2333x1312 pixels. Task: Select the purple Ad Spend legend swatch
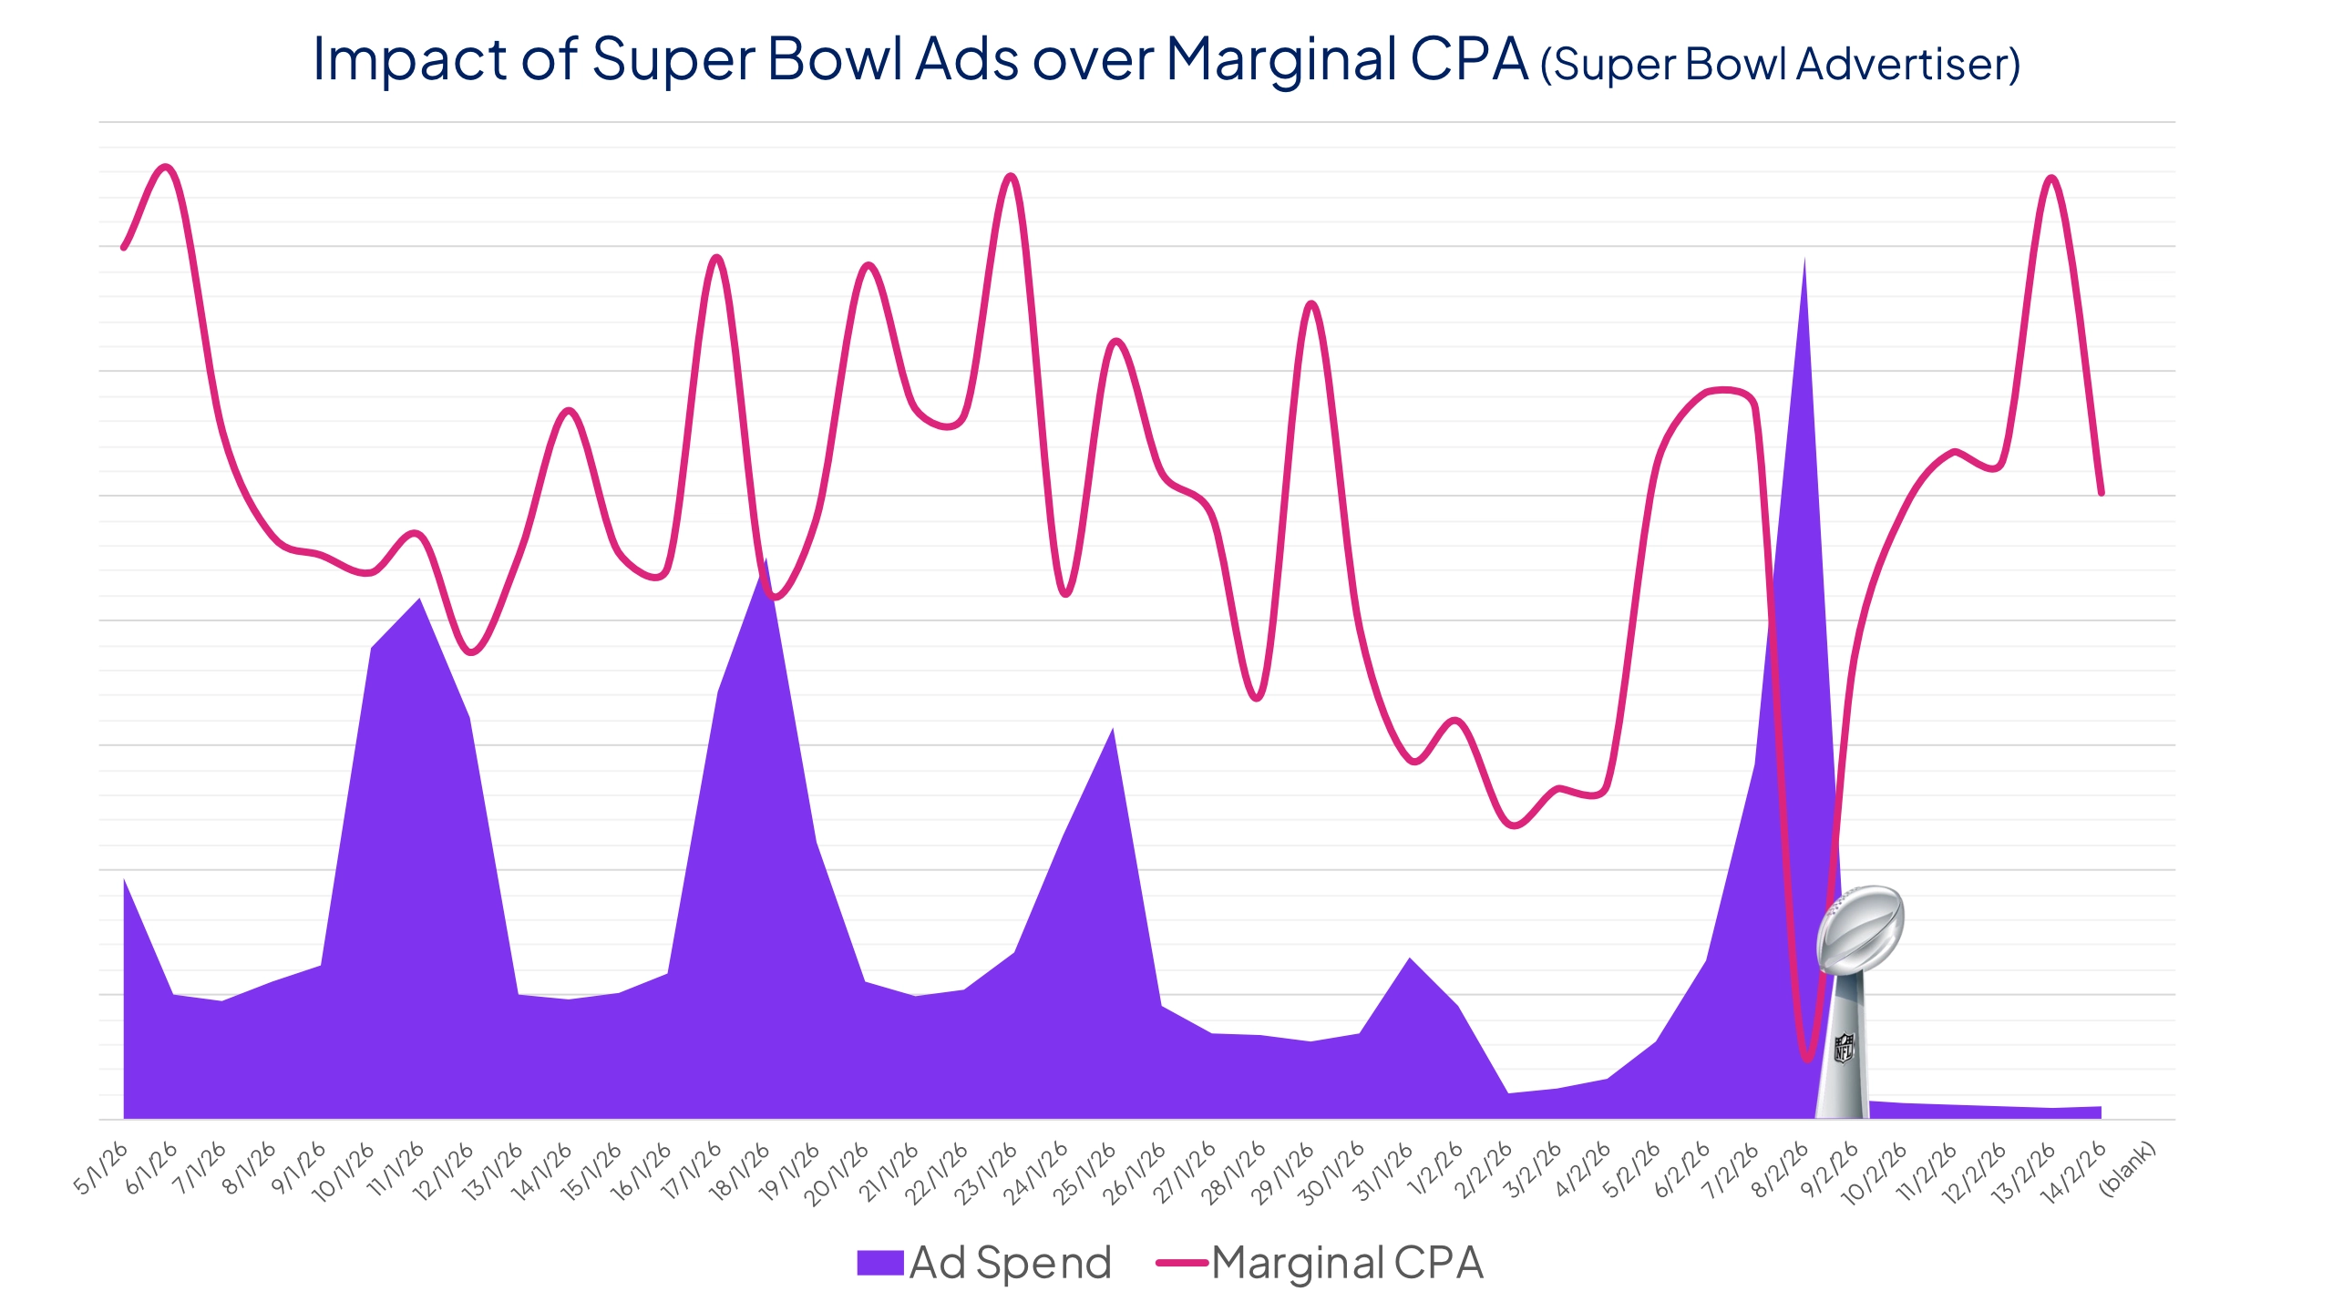(x=879, y=1263)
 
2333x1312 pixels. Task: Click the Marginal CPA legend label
(x=1347, y=1264)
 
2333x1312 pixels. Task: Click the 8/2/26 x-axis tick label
(x=1781, y=1171)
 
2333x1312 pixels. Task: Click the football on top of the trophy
(x=1859, y=929)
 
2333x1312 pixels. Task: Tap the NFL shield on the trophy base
(x=1843, y=1048)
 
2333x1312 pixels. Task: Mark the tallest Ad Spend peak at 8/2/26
(x=1804, y=264)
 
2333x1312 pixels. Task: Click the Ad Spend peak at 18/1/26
(x=766, y=565)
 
